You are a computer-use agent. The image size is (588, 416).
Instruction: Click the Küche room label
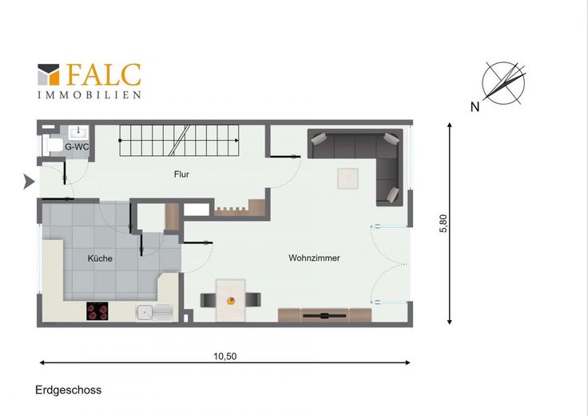(x=100, y=258)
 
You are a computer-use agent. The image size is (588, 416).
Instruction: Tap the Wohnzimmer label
(x=314, y=258)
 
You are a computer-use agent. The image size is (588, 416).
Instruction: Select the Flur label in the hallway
(x=181, y=174)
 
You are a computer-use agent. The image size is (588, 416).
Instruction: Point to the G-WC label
(x=77, y=147)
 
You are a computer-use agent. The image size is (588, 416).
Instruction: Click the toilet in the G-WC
(x=53, y=146)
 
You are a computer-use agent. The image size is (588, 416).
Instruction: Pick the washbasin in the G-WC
(x=78, y=132)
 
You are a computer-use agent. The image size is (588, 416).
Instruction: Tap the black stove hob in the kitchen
(x=97, y=311)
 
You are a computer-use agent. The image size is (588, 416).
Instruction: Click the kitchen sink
(x=154, y=312)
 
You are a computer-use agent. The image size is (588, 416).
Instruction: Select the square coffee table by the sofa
(x=348, y=178)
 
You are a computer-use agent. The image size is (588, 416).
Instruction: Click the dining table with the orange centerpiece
(x=231, y=300)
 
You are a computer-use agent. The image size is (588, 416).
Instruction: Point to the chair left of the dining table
(x=208, y=300)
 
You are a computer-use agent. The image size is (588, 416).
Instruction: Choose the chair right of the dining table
(x=253, y=300)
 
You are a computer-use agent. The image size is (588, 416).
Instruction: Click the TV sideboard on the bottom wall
(x=324, y=315)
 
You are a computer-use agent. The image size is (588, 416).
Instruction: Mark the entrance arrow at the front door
(x=29, y=182)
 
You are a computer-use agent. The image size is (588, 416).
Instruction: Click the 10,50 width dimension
(x=225, y=356)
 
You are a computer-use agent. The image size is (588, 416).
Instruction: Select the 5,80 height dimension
(x=443, y=223)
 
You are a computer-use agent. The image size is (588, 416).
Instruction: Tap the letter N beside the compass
(x=475, y=107)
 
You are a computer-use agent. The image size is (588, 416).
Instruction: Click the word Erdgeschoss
(x=68, y=390)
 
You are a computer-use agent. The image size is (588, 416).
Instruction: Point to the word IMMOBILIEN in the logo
(x=89, y=94)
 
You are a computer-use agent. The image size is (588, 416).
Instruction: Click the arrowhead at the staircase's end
(x=237, y=141)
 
